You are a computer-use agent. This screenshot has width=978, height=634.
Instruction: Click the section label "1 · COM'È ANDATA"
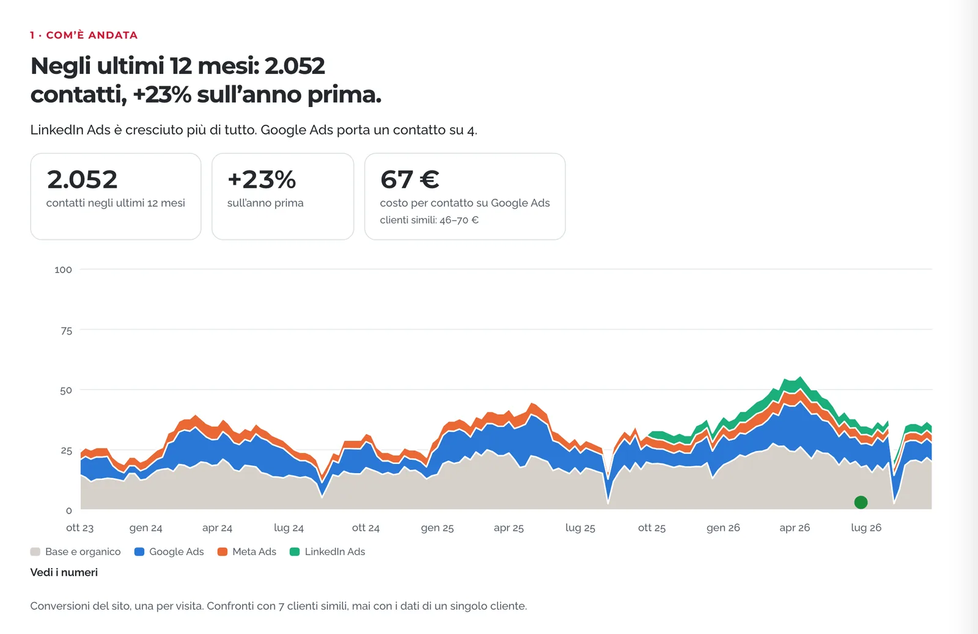point(84,35)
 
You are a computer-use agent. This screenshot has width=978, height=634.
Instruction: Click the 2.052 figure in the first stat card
point(82,180)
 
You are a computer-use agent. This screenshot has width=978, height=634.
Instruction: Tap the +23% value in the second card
point(262,180)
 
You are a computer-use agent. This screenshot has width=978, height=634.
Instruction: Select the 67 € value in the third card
point(410,180)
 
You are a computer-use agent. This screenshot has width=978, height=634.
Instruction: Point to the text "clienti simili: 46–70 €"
point(429,220)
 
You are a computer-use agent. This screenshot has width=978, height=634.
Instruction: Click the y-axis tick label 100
point(64,270)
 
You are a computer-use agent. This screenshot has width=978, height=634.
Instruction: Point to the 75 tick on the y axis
point(67,331)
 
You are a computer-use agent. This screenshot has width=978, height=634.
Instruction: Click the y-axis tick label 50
point(66,390)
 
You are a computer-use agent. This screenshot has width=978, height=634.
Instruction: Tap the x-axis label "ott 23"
point(80,528)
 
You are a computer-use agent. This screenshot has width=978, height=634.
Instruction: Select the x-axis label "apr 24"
point(217,528)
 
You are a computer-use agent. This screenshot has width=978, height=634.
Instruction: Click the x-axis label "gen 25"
point(437,528)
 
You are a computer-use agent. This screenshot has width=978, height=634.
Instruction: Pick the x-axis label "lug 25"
point(580,528)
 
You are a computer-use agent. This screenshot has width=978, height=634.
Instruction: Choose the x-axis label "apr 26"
point(795,528)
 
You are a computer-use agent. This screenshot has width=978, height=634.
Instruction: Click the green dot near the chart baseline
point(861,502)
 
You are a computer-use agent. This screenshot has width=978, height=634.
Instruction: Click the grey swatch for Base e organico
point(35,551)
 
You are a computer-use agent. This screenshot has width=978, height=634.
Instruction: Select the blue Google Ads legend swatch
point(139,551)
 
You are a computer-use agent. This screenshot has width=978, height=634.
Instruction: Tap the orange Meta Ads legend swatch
point(222,551)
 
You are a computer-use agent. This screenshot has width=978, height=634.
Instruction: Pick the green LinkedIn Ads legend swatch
point(295,551)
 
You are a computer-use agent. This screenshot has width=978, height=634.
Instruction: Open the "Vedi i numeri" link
point(64,572)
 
